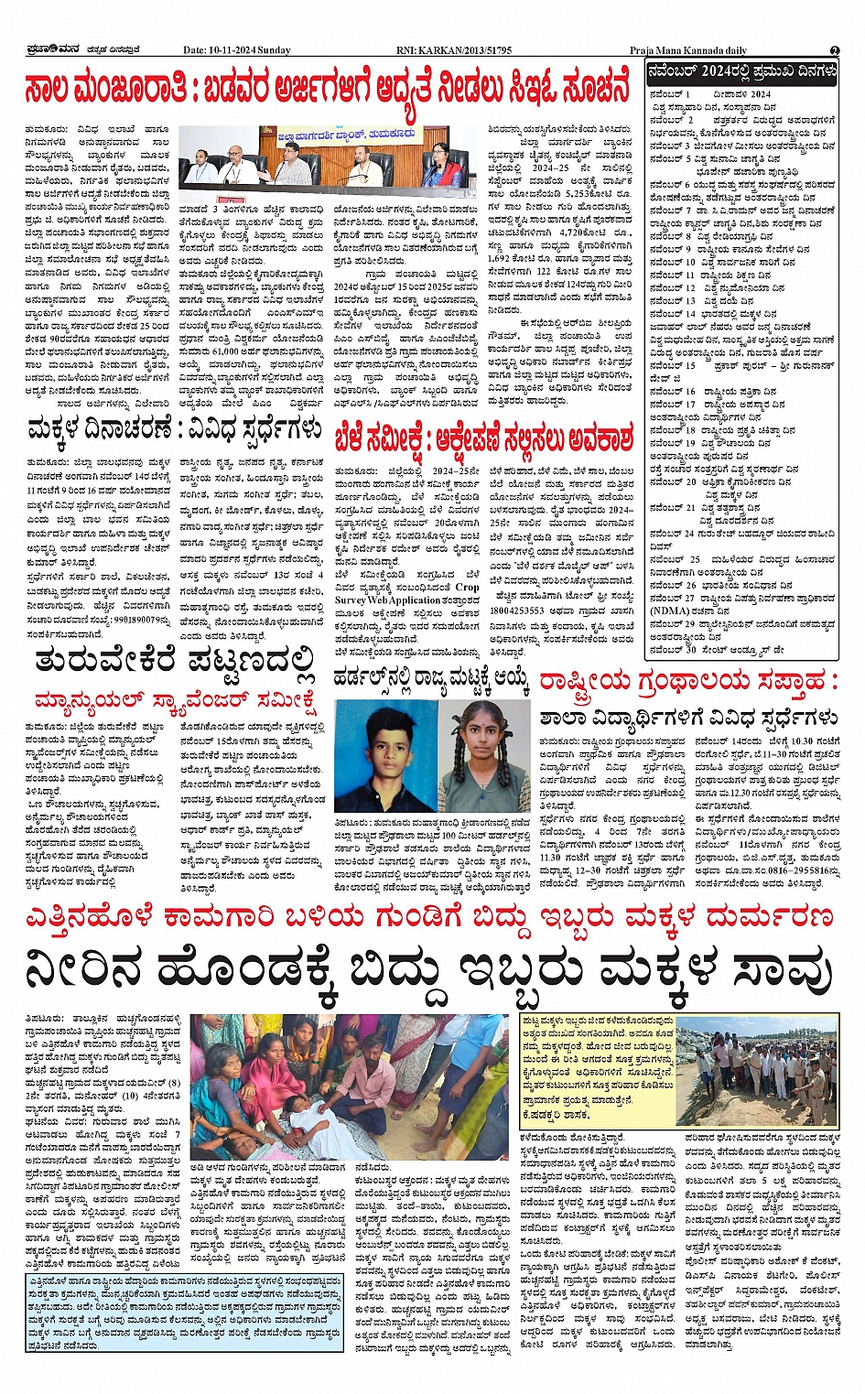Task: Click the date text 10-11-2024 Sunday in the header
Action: tap(236, 50)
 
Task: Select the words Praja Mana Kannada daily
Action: tap(688, 50)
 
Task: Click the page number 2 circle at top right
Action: tap(835, 50)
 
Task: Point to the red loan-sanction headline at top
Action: tap(328, 89)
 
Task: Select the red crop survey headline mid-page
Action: tap(483, 438)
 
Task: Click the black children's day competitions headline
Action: tap(174, 428)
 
